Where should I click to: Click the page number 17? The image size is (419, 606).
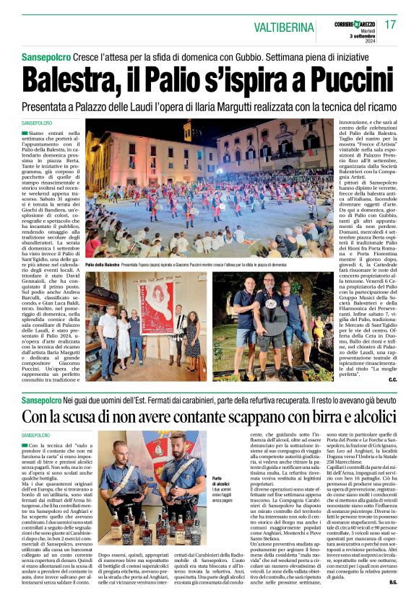(391, 25)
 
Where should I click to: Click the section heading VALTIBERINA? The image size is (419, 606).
(285, 27)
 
